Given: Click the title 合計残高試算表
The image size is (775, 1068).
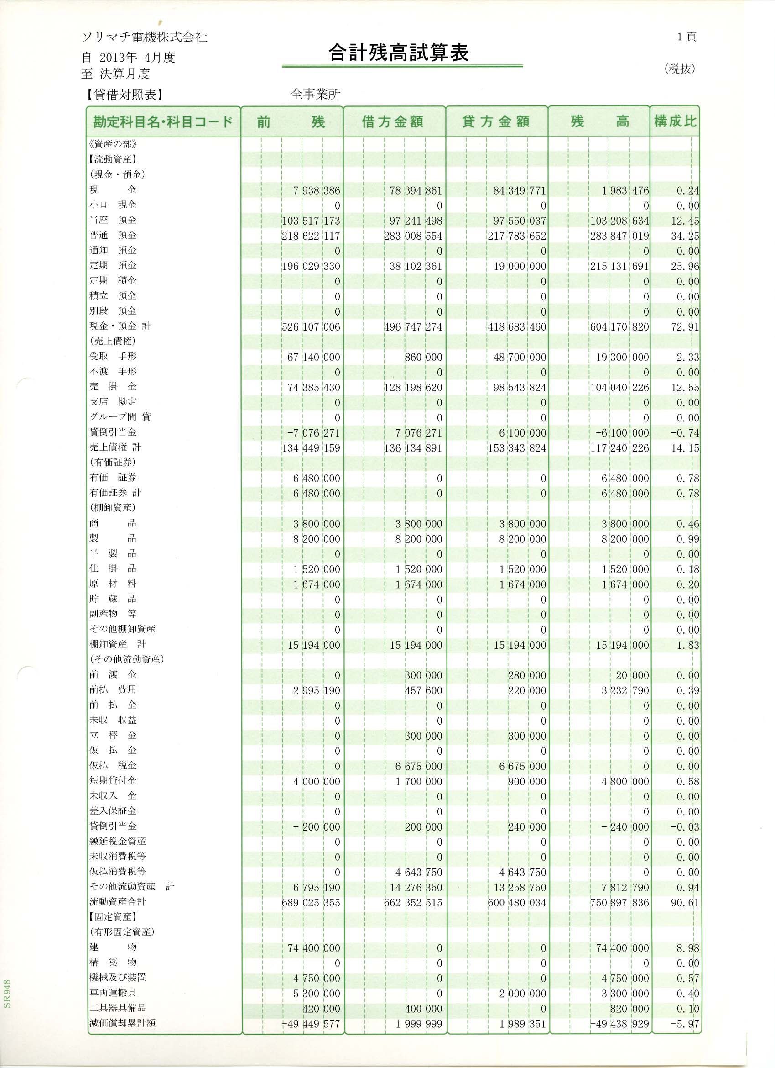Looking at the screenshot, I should tap(399, 53).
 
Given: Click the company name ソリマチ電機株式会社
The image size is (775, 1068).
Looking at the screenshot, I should tap(145, 37).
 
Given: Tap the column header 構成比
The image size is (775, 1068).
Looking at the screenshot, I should tap(675, 121).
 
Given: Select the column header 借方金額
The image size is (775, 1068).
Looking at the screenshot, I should tap(393, 122).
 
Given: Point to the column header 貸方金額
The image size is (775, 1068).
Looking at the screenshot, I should tap(496, 122).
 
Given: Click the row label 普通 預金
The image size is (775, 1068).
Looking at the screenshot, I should tap(113, 236).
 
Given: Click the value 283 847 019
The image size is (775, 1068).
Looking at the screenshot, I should tap(619, 236).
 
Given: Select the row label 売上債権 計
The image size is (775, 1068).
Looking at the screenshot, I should tap(115, 447).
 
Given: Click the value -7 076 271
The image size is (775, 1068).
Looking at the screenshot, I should tap(313, 433).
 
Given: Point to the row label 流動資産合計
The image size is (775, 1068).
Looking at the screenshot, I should tap(118, 902).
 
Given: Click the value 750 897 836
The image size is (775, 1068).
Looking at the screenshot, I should tap(619, 903).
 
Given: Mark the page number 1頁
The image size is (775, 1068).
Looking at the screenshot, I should tap(687, 37).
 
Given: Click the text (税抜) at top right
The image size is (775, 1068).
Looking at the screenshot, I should tap(680, 69).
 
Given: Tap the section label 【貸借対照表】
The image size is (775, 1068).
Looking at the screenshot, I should tap(124, 95).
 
